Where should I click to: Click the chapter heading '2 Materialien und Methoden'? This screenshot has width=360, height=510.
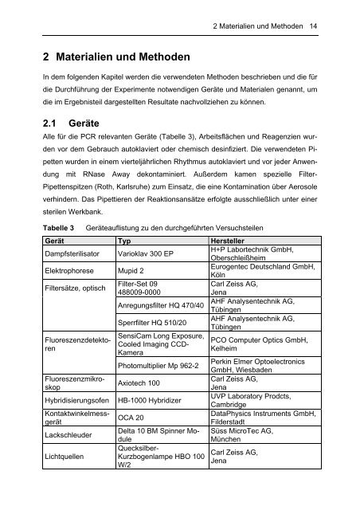tap(115, 58)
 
